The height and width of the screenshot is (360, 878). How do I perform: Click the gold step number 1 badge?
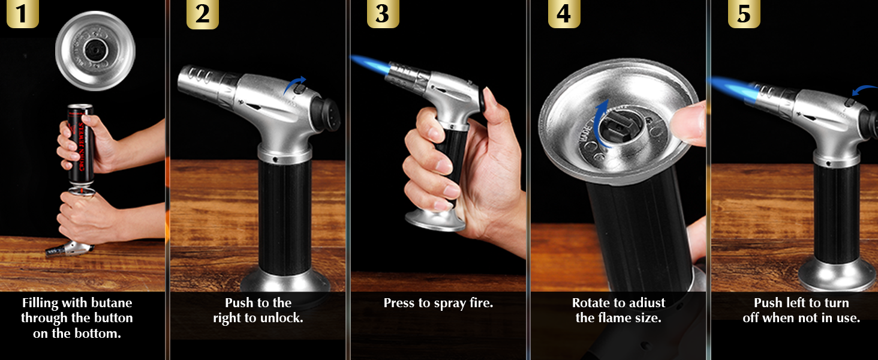click(22, 13)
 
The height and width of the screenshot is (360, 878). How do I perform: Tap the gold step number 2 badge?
click(202, 14)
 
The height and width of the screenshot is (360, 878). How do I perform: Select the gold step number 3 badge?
click(383, 13)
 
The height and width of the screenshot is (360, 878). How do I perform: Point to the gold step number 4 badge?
click(564, 13)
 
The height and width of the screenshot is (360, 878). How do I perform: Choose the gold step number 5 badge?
click(744, 13)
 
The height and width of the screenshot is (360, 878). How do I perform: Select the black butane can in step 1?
click(81, 145)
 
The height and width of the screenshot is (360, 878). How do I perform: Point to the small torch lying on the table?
click(69, 248)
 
